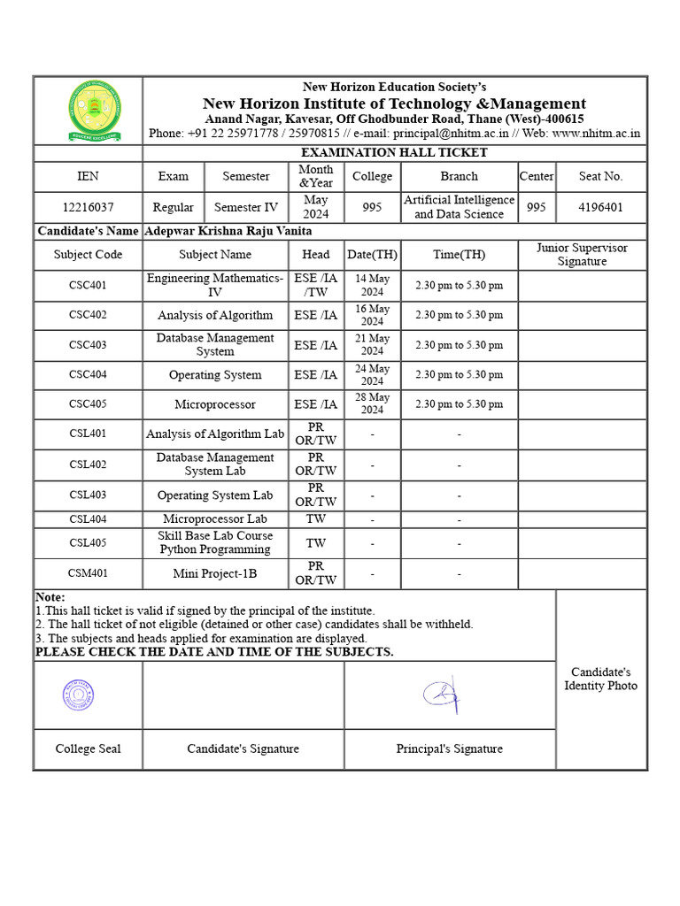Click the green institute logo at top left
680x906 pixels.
[88, 110]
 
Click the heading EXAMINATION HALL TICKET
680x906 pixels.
[394, 152]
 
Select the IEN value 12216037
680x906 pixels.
[88, 207]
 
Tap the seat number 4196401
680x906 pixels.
[600, 207]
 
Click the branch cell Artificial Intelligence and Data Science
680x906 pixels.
[459, 207]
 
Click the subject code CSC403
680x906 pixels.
[88, 345]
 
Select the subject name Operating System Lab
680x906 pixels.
[215, 495]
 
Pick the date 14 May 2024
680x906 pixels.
[372, 286]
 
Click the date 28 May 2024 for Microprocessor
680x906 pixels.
[372, 403]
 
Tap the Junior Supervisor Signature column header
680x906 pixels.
[582, 255]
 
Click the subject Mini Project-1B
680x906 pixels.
[215, 573]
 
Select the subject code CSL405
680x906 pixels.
[88, 542]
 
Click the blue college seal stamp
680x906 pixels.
[78, 695]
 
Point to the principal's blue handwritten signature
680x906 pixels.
[442, 695]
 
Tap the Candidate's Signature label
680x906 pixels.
[243, 749]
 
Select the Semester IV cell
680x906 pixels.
[246, 207]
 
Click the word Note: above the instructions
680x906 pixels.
[50, 597]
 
